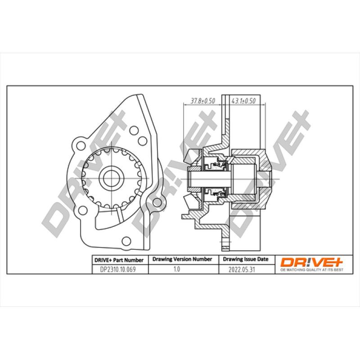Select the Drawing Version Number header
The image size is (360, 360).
[182, 260]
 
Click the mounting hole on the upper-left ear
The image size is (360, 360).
[81, 145]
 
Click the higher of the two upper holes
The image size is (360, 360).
[134, 130]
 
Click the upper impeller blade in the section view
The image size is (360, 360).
[190, 156]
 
